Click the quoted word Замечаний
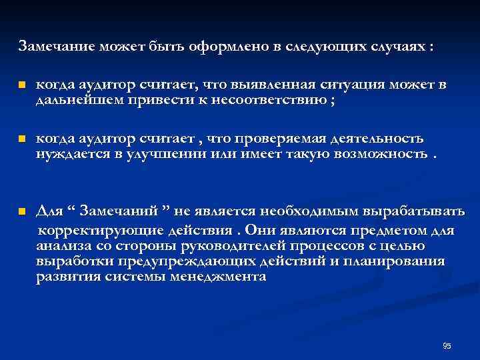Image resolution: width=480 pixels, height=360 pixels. click(123, 212)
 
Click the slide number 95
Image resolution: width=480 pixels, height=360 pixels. click(447, 345)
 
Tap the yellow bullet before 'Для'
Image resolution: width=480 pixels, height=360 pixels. click(21, 212)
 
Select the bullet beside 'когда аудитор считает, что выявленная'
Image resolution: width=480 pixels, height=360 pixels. click(21, 86)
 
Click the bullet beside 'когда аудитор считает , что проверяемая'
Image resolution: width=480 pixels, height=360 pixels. click(21, 139)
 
